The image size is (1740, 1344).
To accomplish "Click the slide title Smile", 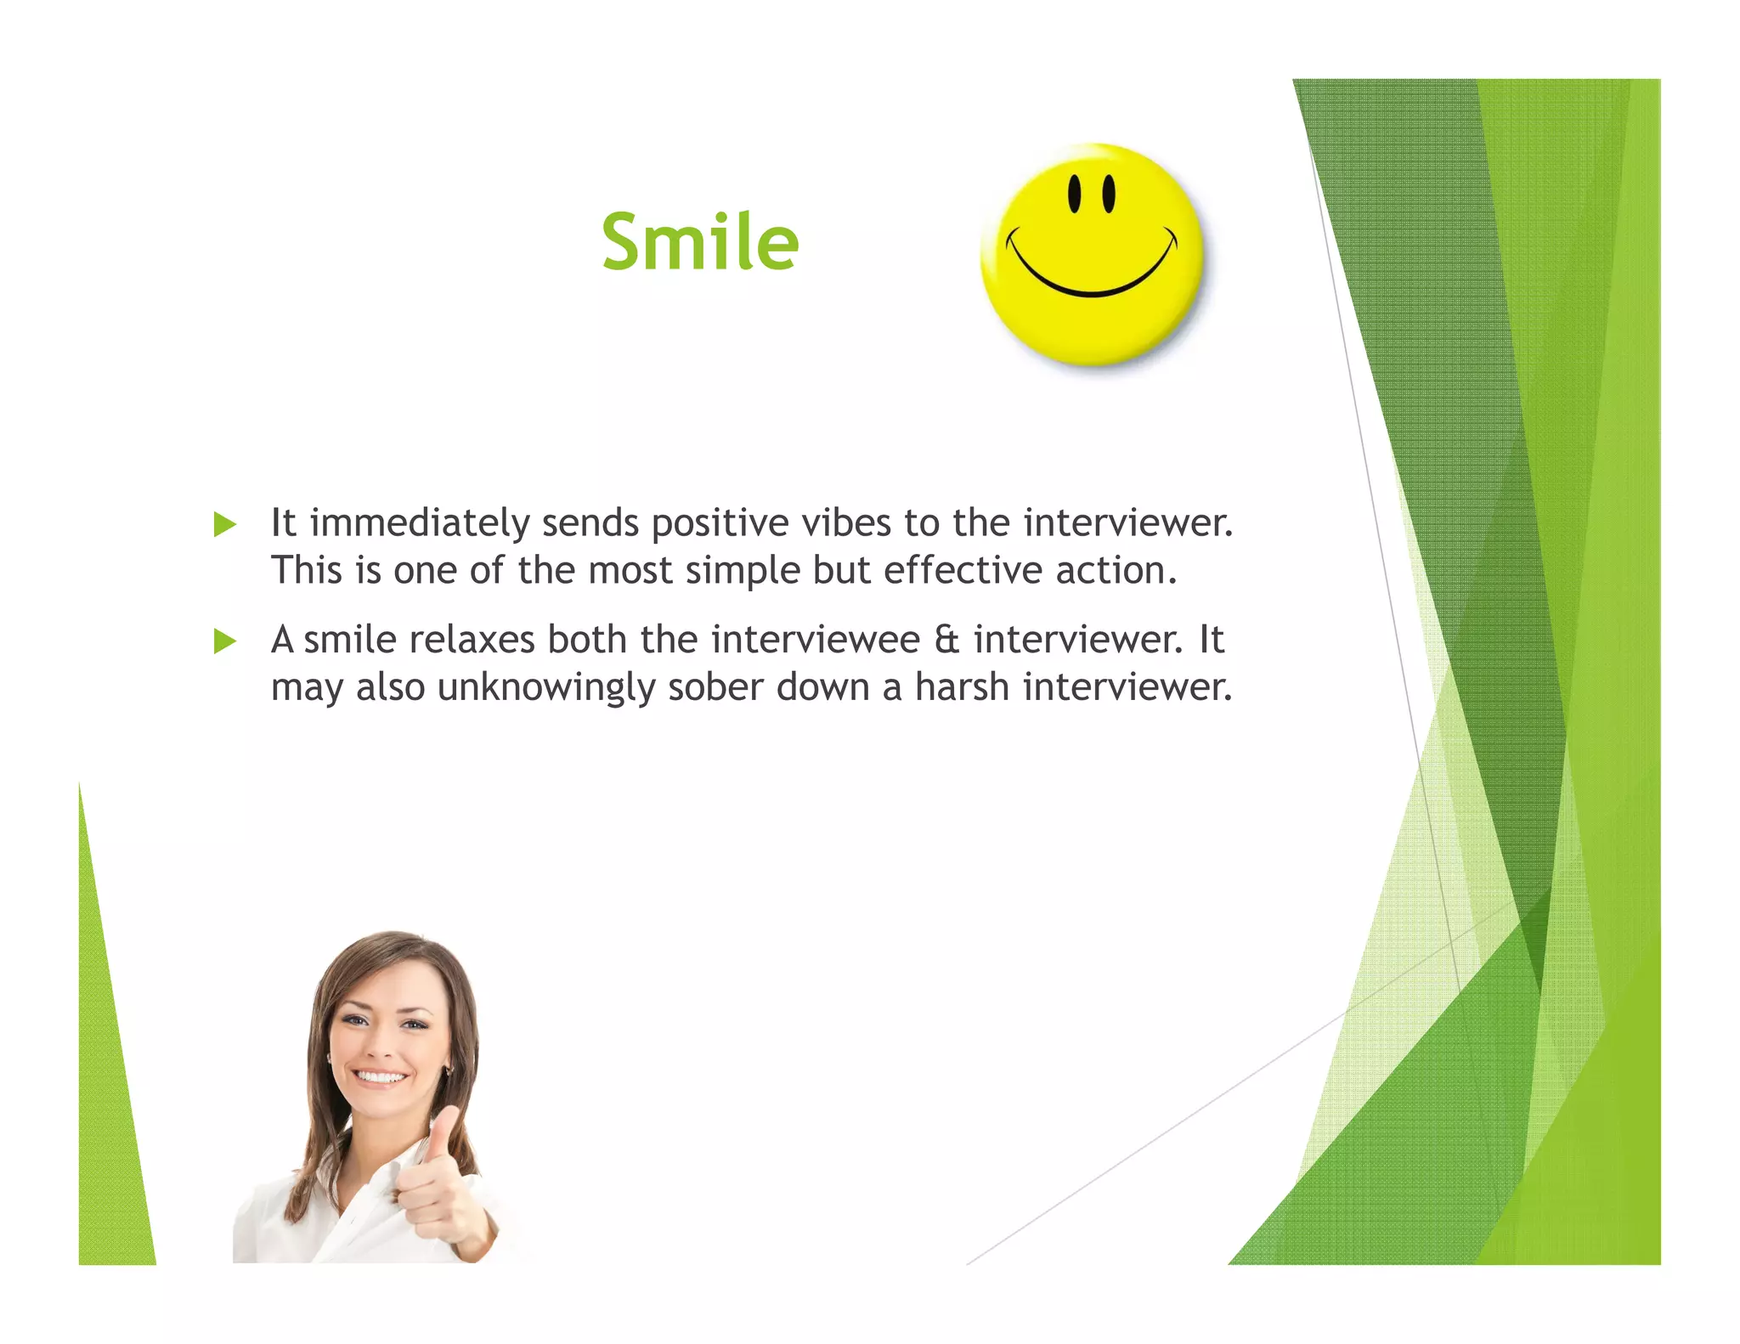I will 700,242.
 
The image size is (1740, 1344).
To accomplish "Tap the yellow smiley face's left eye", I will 1075,194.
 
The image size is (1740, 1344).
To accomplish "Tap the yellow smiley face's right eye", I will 1109,194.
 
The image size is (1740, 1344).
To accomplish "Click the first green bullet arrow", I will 224,524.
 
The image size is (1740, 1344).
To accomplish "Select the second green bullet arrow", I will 224,641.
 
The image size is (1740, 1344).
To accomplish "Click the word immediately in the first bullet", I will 420,523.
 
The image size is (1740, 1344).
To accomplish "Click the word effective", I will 963,570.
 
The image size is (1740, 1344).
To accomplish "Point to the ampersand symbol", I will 946,640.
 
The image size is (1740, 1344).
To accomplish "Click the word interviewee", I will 816,640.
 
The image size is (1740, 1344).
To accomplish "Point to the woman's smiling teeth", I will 380,1077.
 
